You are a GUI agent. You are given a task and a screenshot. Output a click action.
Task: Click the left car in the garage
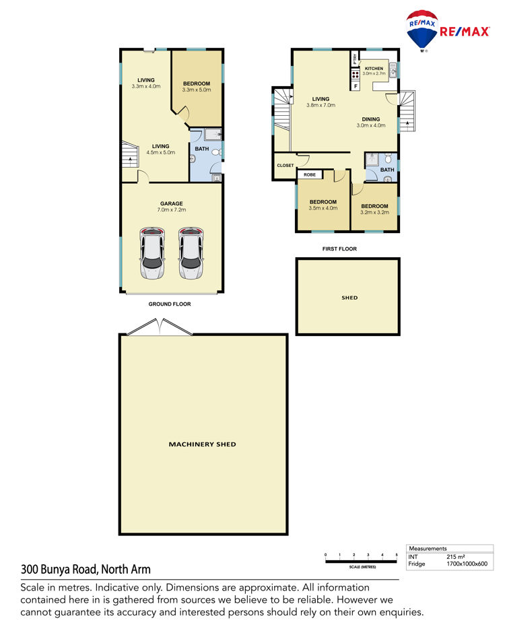tap(152, 253)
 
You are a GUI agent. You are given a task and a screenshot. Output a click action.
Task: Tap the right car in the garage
tap(191, 253)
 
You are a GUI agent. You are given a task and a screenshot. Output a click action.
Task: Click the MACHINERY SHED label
tap(202, 444)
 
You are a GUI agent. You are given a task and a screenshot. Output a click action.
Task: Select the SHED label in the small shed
tap(349, 298)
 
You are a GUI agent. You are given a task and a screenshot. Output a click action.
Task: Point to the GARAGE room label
tap(172, 203)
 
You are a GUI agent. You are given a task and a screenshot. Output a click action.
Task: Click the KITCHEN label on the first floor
tap(374, 69)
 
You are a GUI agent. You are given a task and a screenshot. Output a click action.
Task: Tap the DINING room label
tap(371, 119)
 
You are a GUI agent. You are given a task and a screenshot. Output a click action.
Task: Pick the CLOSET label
tap(285, 166)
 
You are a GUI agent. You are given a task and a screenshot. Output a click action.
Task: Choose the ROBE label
tap(310, 174)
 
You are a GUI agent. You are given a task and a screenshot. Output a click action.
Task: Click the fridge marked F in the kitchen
tap(356, 86)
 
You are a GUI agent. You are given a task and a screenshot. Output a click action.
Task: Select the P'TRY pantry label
tap(355, 59)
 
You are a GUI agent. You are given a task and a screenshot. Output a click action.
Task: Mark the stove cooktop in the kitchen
tap(356, 74)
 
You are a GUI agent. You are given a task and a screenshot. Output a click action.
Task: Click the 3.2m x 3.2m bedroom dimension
tap(374, 213)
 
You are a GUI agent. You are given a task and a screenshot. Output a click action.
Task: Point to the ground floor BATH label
tap(202, 149)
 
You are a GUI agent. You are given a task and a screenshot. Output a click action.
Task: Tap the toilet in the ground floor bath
tap(217, 152)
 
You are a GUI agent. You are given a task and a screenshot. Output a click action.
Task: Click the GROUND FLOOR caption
tap(170, 304)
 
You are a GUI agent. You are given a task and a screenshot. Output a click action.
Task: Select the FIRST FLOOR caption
tap(339, 248)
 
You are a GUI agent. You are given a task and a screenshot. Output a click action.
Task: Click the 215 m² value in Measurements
tap(455, 557)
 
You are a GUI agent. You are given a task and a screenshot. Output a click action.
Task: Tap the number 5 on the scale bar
tap(397, 555)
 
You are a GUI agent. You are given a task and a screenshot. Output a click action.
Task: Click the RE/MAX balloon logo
tap(422, 31)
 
